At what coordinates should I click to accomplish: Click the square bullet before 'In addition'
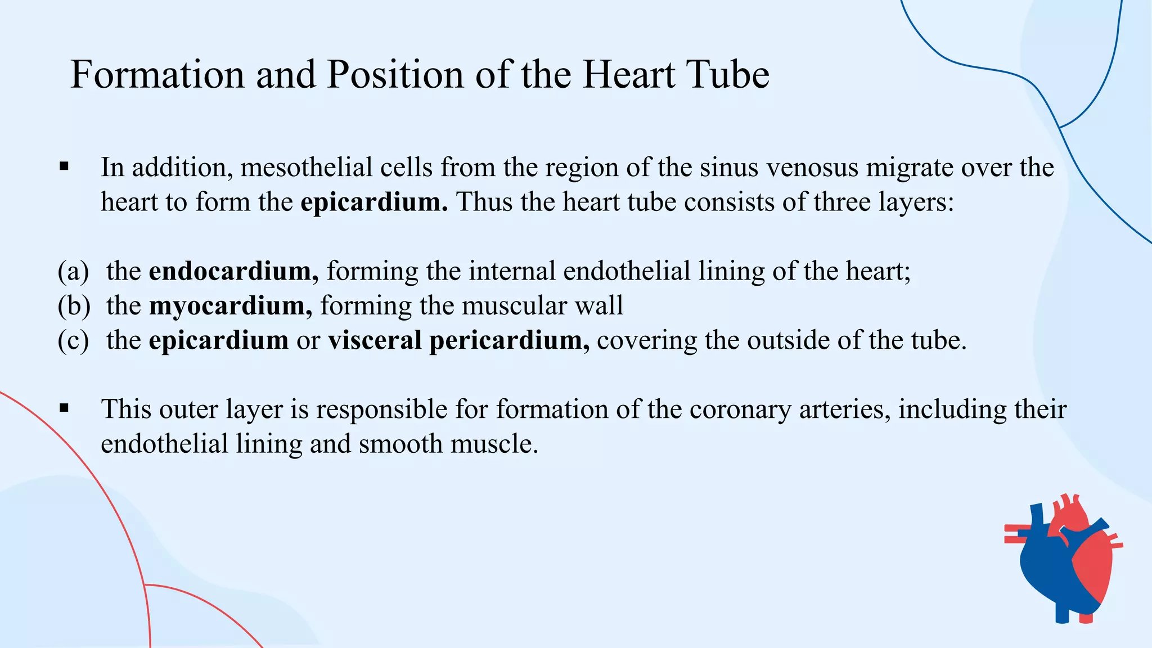[64, 166]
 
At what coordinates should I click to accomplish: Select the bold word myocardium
[230, 306]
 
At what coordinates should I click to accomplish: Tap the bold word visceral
[375, 340]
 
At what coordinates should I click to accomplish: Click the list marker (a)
[74, 272]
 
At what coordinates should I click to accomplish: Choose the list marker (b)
[74, 306]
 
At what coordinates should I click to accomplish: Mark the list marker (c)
[74, 340]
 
